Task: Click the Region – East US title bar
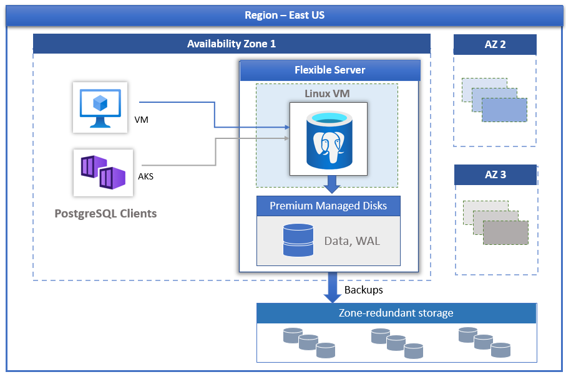pyautogui.click(x=284, y=16)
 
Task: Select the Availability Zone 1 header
pyautogui.click(x=232, y=44)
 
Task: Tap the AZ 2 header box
pyautogui.click(x=495, y=45)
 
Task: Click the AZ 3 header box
pyautogui.click(x=495, y=175)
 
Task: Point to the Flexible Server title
pyautogui.click(x=329, y=70)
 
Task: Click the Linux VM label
pyautogui.click(x=326, y=93)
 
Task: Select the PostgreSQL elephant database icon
pyautogui.click(x=328, y=141)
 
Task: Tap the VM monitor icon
pyautogui.click(x=100, y=107)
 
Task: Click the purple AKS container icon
pyautogui.click(x=102, y=172)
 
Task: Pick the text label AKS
pyautogui.click(x=145, y=176)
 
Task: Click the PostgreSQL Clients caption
pyautogui.click(x=105, y=214)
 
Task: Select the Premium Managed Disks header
pyautogui.click(x=328, y=206)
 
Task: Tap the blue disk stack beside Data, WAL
pyautogui.click(x=298, y=240)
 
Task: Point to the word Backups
pyautogui.click(x=363, y=290)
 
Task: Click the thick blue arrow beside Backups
pyautogui.click(x=332, y=287)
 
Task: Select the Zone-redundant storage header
pyautogui.click(x=396, y=313)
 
